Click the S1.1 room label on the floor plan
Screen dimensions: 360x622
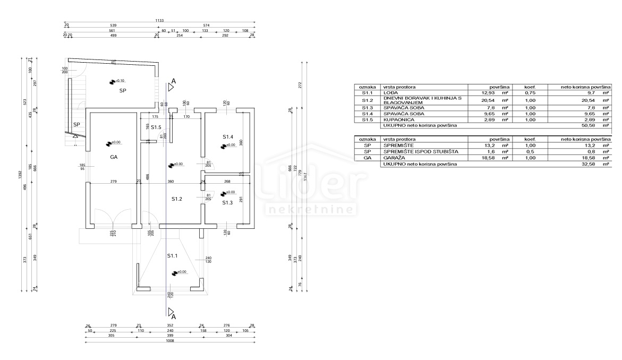(172, 256)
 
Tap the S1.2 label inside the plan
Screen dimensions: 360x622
(177, 199)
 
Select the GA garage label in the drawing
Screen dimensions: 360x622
(114, 157)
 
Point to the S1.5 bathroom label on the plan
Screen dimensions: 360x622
(156, 127)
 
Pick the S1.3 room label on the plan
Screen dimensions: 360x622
(227, 202)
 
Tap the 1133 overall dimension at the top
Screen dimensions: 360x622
(159, 21)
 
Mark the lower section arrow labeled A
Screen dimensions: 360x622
(171, 312)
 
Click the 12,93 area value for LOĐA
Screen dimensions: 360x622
(488, 93)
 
